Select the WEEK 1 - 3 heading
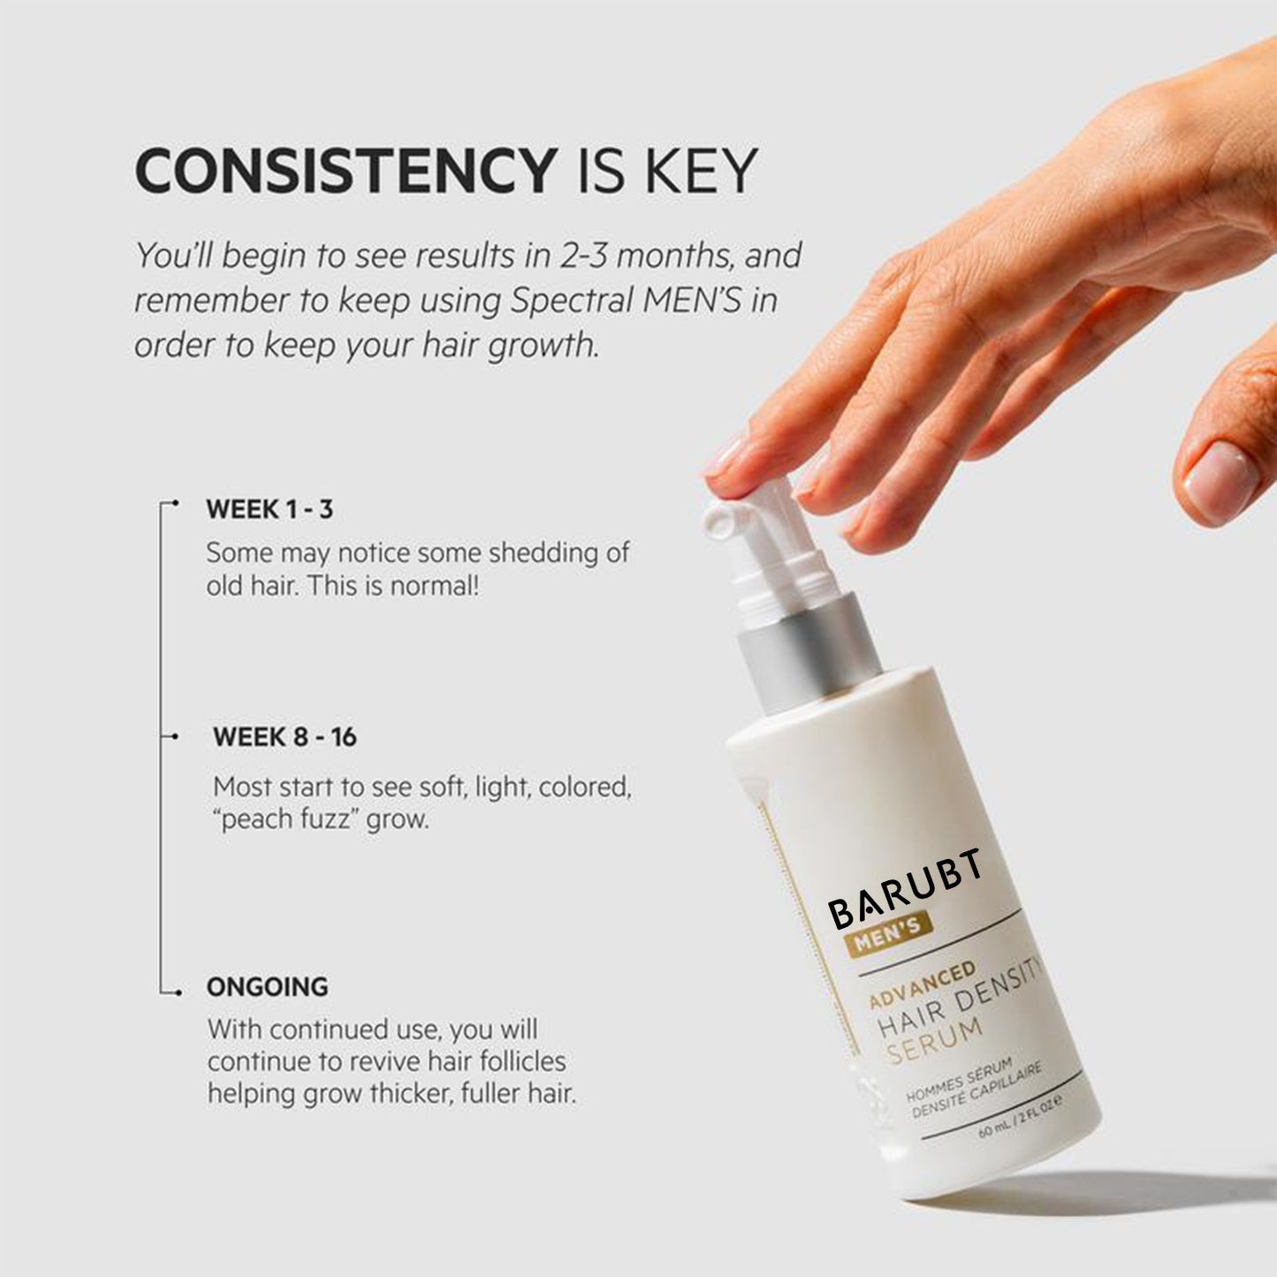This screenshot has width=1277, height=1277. (x=269, y=509)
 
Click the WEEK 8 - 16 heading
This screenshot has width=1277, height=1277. (x=285, y=737)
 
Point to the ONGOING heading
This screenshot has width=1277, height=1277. (x=267, y=986)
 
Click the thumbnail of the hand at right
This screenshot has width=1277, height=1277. (x=1222, y=478)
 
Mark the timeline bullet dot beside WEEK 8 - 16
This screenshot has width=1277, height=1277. (x=175, y=736)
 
